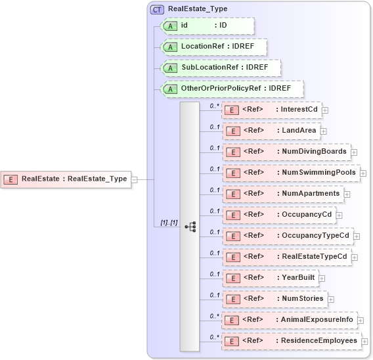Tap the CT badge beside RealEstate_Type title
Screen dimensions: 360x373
158,9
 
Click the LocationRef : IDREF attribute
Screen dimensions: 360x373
213,47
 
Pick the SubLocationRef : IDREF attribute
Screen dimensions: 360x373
220,68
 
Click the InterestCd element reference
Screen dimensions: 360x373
272,110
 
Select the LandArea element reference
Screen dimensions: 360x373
271,131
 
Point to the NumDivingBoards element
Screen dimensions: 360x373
286,152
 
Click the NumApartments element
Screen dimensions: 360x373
283,194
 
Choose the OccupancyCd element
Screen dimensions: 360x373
279,215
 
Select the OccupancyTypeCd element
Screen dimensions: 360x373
288,236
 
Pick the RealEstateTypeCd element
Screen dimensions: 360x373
287,257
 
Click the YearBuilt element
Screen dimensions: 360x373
271,278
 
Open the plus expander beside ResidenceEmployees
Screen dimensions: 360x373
364,342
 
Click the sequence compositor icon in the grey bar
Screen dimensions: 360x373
190,227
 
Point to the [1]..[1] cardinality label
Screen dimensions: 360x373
169,223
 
